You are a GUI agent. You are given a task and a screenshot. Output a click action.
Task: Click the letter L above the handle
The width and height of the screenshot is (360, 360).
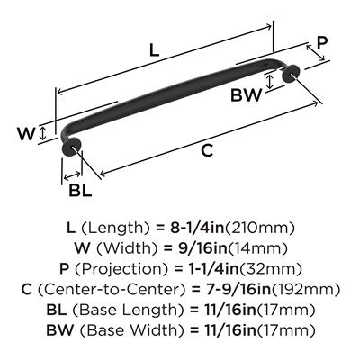(x=154, y=50)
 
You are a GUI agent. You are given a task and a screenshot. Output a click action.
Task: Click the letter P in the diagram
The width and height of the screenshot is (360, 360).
(x=322, y=43)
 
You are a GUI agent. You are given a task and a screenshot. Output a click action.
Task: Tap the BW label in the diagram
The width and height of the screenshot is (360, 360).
(x=246, y=95)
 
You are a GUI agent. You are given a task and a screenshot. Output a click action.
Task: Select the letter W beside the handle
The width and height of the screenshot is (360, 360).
(x=26, y=134)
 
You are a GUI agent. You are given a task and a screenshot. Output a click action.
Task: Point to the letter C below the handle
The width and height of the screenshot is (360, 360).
(x=207, y=150)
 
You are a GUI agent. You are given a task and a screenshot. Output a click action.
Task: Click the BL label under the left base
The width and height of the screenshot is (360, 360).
(x=80, y=190)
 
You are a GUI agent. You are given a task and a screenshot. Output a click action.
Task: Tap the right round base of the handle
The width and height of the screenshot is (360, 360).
(x=291, y=74)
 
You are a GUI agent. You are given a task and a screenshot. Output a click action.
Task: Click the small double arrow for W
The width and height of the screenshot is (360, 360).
(x=43, y=133)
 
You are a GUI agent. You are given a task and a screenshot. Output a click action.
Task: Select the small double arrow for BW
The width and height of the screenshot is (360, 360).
(x=270, y=81)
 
